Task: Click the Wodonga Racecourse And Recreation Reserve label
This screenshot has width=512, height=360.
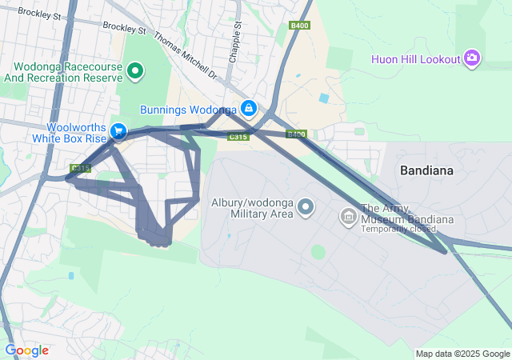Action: (x=62, y=72)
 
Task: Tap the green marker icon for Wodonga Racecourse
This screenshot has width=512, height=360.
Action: (x=135, y=72)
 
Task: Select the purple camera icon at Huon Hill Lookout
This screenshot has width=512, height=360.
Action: (x=472, y=58)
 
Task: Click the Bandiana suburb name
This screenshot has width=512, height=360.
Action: (x=426, y=170)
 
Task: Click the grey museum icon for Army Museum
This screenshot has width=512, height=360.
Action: (x=348, y=216)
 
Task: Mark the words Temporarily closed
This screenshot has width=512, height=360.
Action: (x=398, y=230)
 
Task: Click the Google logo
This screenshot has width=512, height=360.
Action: (x=26, y=350)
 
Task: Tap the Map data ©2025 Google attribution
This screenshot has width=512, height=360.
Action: (x=462, y=354)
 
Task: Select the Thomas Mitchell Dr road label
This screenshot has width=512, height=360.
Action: (x=185, y=55)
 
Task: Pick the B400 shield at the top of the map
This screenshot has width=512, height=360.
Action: (x=300, y=26)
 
